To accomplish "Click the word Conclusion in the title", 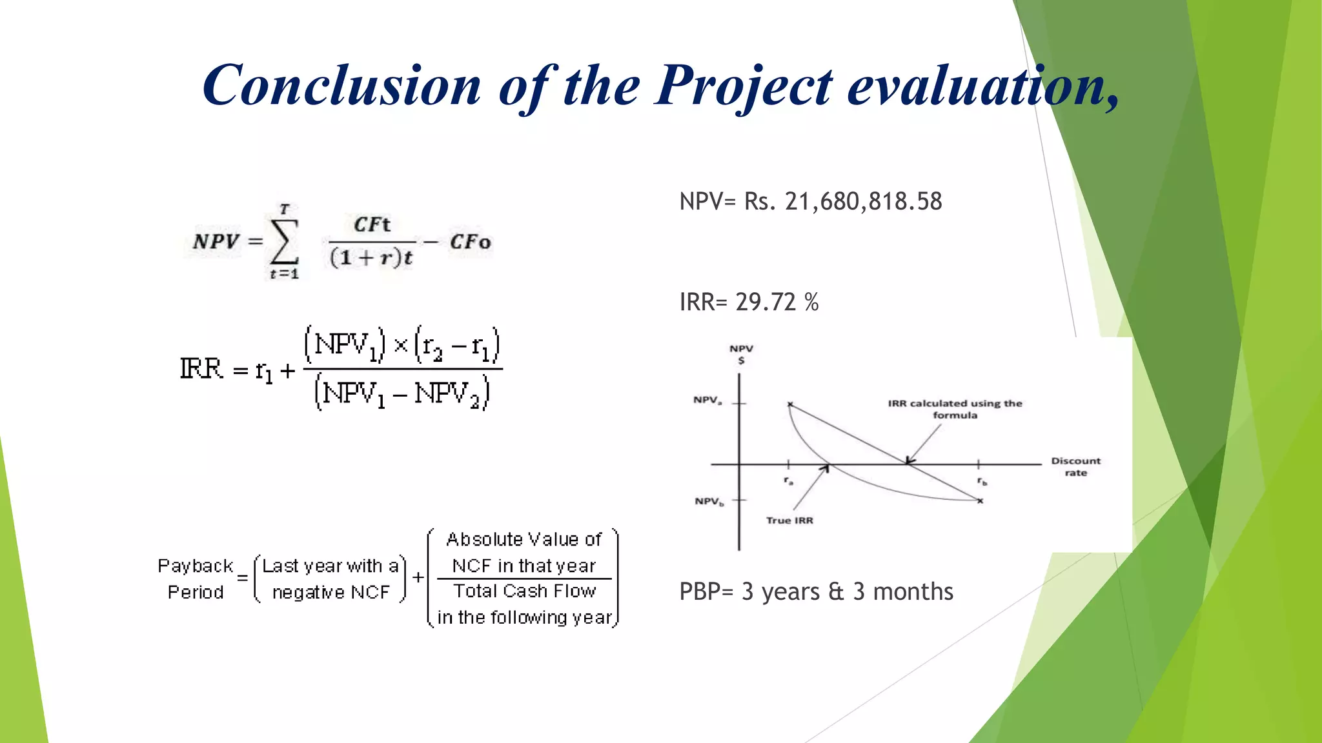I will pos(341,86).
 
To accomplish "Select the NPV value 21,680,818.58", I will pos(863,202).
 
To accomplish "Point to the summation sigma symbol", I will pos(285,242).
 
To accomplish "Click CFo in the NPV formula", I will pos(470,243).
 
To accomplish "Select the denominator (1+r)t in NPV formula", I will pos(371,258).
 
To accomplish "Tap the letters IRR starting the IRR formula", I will pos(201,370).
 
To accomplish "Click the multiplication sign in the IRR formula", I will pos(401,346).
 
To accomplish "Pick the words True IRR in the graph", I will pos(789,520).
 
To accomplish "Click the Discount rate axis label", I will pos(1075,466).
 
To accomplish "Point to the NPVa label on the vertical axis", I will pos(707,400).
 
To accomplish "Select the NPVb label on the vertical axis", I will pos(709,501).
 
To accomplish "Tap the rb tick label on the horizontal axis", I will pos(981,481).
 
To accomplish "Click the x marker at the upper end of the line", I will pos(789,404).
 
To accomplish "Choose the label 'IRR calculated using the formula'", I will pos(955,409).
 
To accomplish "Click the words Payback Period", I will pos(195,579).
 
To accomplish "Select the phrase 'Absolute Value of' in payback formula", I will pos(524,539).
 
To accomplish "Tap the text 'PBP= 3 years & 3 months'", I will pos(816,591).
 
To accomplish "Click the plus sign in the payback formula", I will pos(418,577).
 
